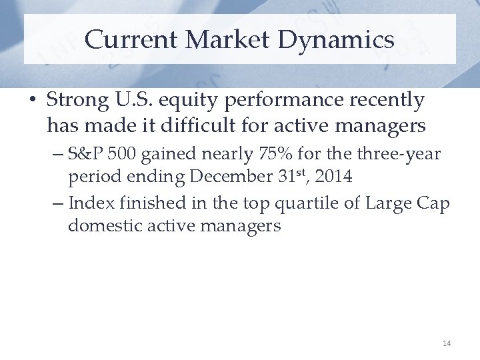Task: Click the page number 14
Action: [446, 343]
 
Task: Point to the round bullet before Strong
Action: [32, 101]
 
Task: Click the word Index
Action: [89, 203]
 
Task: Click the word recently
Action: [383, 101]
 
